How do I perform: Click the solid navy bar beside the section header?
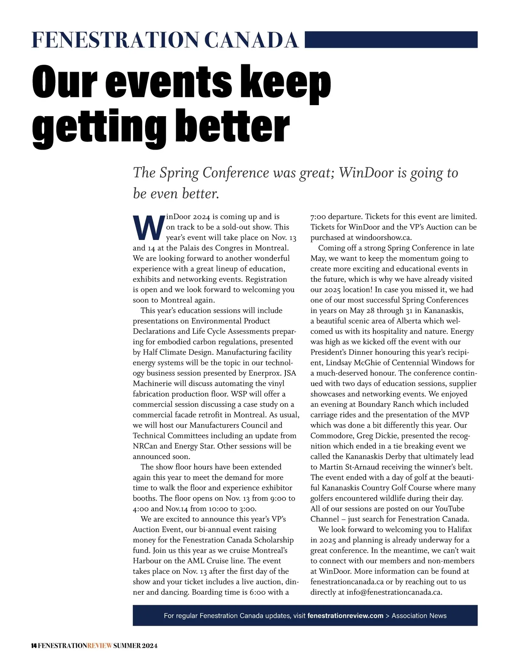391,39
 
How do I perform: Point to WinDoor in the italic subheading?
366,173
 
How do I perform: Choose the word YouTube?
450,509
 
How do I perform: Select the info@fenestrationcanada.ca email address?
394,592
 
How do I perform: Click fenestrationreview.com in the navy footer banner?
345,615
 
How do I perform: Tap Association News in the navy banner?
419,615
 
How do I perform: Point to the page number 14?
34,646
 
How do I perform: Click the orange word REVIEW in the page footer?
100,646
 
